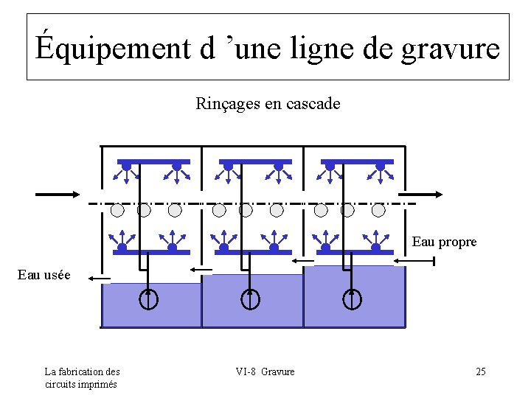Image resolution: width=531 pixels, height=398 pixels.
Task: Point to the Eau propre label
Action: point(444,242)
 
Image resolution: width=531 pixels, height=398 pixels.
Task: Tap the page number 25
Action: point(480,371)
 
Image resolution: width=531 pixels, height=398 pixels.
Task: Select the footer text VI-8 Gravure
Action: point(265,371)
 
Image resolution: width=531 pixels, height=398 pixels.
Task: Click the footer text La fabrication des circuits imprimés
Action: point(81,377)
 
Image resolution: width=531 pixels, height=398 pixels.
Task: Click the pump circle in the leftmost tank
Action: point(149,300)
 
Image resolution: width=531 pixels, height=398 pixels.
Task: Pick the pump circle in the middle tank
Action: point(251,300)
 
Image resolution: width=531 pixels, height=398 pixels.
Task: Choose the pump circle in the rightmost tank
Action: point(353,300)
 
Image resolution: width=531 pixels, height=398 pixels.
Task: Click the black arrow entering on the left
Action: point(58,194)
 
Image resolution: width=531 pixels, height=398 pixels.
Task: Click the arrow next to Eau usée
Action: point(98,279)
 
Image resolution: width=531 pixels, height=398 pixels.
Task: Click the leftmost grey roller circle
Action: point(117,210)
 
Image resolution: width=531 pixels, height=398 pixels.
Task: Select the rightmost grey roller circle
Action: point(378,210)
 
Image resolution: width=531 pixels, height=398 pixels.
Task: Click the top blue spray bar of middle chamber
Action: point(251,161)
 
